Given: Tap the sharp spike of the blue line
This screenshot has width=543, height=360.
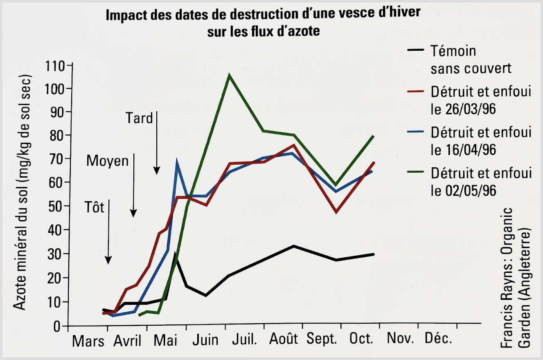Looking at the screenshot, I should pos(177,161).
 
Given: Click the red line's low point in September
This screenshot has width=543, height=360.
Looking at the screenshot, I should pos(336,212).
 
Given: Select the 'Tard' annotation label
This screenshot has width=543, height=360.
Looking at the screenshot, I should pos(139,118).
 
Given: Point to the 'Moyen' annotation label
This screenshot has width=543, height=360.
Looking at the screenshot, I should pos(107,161).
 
